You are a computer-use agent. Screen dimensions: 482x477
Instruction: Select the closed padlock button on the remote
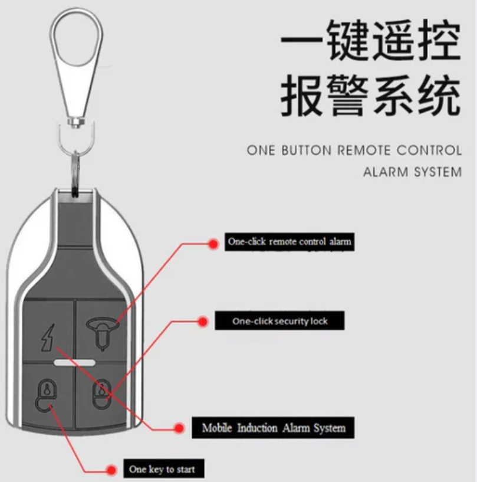[x=101, y=392]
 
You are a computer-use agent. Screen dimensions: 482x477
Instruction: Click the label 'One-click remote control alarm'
[x=290, y=242]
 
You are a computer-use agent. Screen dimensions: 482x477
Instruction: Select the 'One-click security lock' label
[x=279, y=321]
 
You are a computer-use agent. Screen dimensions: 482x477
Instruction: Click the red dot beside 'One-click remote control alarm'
[x=213, y=242]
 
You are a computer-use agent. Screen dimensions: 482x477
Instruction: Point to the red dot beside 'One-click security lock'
[x=203, y=322]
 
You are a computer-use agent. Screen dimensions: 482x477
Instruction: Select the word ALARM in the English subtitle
[x=383, y=172]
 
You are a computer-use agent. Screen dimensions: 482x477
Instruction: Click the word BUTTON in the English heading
[x=307, y=150]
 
